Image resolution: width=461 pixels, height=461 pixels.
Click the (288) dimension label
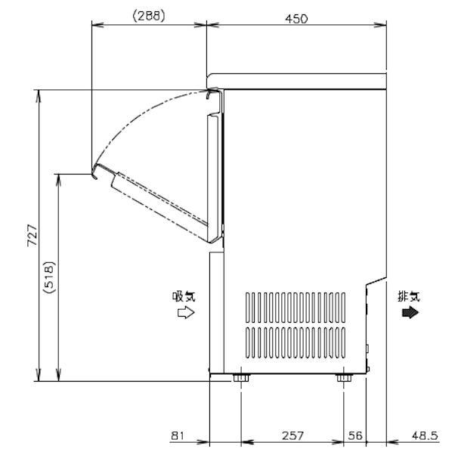pos(149,14)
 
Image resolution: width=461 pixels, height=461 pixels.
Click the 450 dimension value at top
pos(296,18)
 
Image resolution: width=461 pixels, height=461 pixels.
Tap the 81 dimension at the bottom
pos(178,435)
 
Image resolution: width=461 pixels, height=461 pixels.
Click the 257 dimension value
pos(292,435)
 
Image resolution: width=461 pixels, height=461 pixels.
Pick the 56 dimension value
pos(354,435)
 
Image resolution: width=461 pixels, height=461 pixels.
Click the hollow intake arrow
pos(184,313)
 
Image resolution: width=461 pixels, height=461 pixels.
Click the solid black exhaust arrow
pos(410,312)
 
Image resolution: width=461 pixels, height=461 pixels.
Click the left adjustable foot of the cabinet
pos(240,376)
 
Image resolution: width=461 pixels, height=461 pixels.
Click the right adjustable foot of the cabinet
pos(343,376)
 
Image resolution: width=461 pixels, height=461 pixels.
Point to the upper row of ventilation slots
pos(298,308)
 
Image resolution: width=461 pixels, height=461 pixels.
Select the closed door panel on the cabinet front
pos(215,174)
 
